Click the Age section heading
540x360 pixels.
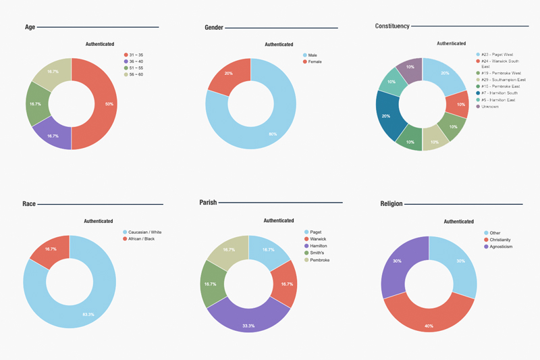pyautogui.click(x=30, y=27)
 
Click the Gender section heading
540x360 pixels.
pyautogui.click(x=214, y=27)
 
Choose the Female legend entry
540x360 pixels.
pyautogui.click(x=315, y=61)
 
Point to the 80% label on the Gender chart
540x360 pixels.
pyautogui.click(x=273, y=134)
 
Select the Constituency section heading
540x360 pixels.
pyautogui.click(x=392, y=26)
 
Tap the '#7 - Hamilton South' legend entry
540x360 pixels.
pyautogui.click(x=500, y=93)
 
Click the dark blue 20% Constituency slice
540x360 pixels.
pyautogui.click(x=388, y=116)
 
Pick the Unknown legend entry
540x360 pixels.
pyautogui.click(x=491, y=106)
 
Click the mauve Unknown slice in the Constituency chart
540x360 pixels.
pyautogui.click(x=410, y=67)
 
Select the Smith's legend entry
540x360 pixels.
pyautogui.click(x=318, y=253)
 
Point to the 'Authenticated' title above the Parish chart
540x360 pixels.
pyautogui.click(x=278, y=220)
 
